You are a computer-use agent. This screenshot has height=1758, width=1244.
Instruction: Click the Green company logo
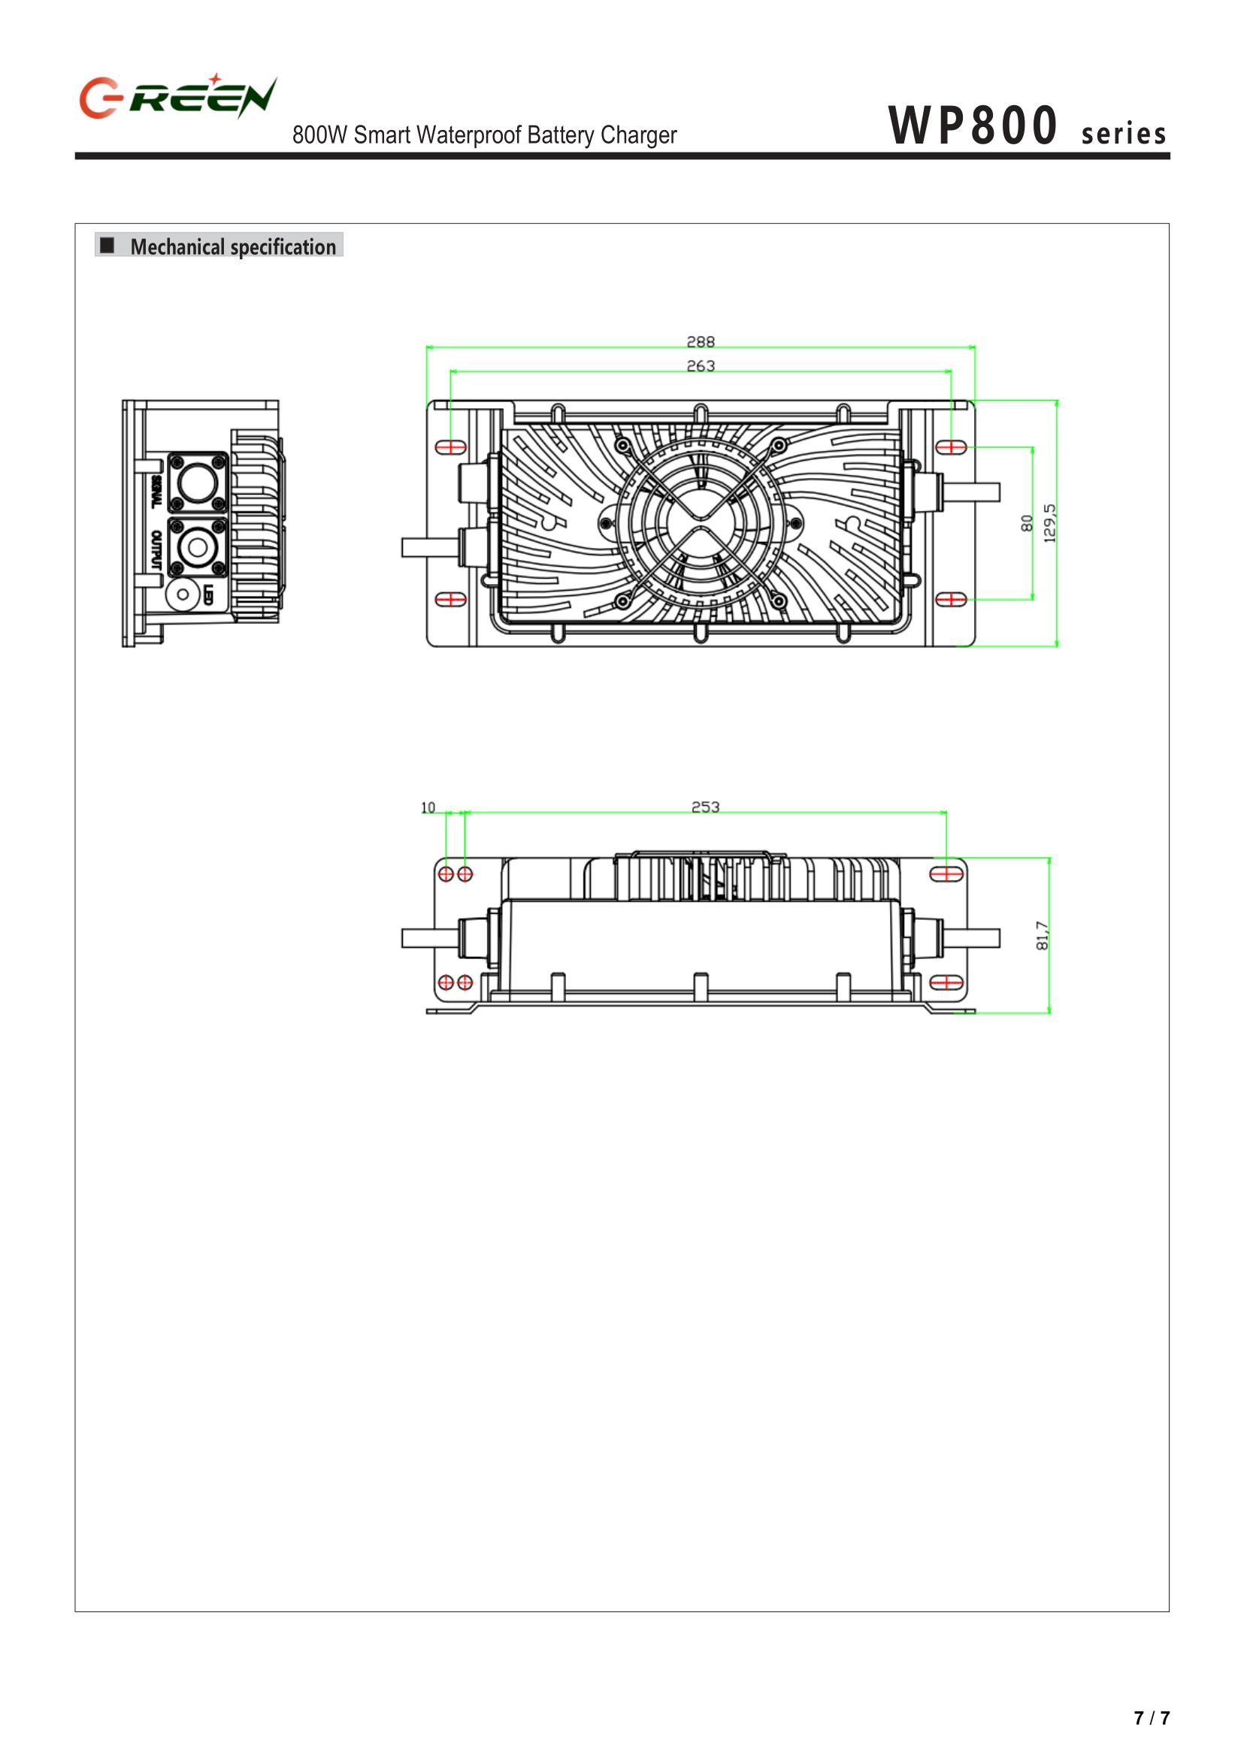177,96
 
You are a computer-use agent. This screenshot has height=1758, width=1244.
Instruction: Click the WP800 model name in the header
973,126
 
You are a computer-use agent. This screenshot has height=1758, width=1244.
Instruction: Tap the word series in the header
1124,134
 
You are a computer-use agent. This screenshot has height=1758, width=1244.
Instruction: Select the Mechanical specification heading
233,247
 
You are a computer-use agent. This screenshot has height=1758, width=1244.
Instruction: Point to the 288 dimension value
700,342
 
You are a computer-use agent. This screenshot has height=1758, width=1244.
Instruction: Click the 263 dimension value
700,366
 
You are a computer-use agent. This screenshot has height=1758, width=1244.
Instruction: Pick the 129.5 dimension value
1049,523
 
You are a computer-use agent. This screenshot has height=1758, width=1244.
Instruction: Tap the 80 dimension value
1027,523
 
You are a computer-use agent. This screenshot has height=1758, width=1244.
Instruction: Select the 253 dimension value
706,806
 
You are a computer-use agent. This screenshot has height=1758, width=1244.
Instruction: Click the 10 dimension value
428,807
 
